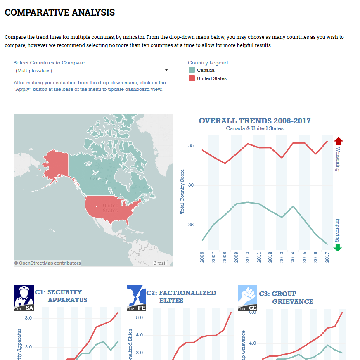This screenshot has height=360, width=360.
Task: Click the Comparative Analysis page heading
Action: coord(60,13)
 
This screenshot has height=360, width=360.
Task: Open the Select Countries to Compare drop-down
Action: coord(92,71)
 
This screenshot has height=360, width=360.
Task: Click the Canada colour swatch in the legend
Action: coord(192,70)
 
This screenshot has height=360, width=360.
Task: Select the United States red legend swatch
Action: coord(192,78)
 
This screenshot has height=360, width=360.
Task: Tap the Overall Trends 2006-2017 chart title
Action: coord(255,121)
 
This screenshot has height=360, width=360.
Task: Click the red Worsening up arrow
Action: coord(338,141)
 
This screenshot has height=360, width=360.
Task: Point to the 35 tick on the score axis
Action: coord(191,146)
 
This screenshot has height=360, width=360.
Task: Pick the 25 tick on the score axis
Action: coord(191,225)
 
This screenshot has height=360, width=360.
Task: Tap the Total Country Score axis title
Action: coord(182,191)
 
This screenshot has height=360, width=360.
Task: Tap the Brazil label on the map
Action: coord(160,263)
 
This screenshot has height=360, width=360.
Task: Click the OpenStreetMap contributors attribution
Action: coord(47,263)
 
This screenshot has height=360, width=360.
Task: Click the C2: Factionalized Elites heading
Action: coord(181,297)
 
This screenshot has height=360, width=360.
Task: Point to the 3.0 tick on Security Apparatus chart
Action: coord(28,318)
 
